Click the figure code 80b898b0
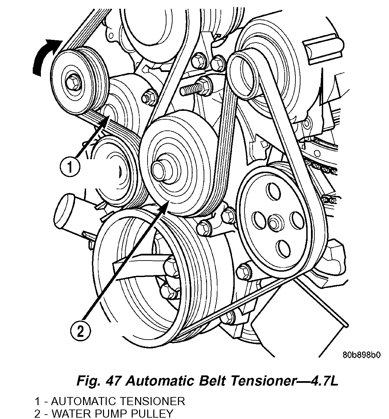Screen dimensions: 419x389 (x=362, y=355)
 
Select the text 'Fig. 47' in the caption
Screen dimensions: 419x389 (x=98, y=381)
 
